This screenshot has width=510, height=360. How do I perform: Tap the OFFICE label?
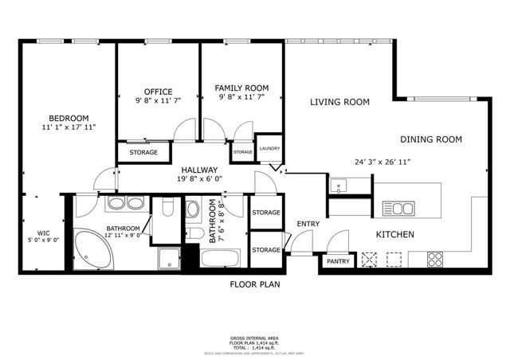click(x=158, y=92)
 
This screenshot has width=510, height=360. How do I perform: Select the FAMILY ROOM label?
click(x=241, y=88)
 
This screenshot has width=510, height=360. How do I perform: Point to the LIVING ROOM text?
click(x=339, y=102)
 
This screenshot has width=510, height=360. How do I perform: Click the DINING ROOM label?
click(x=431, y=139)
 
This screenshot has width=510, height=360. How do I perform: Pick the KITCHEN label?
click(x=394, y=235)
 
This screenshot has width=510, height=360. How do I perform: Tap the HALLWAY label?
click(x=199, y=170)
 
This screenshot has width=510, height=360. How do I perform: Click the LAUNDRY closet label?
click(x=269, y=148)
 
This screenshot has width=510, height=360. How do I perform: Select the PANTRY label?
click(x=338, y=261)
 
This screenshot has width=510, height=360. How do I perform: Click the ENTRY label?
click(x=308, y=224)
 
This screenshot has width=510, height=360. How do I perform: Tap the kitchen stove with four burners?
click(x=435, y=258)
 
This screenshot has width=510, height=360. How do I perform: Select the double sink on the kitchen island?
click(x=398, y=209)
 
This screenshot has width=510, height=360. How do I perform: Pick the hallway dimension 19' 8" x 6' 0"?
click(x=200, y=179)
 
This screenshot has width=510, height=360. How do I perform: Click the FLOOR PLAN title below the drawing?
click(x=255, y=284)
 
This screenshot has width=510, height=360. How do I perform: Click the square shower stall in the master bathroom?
click(x=168, y=259)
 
